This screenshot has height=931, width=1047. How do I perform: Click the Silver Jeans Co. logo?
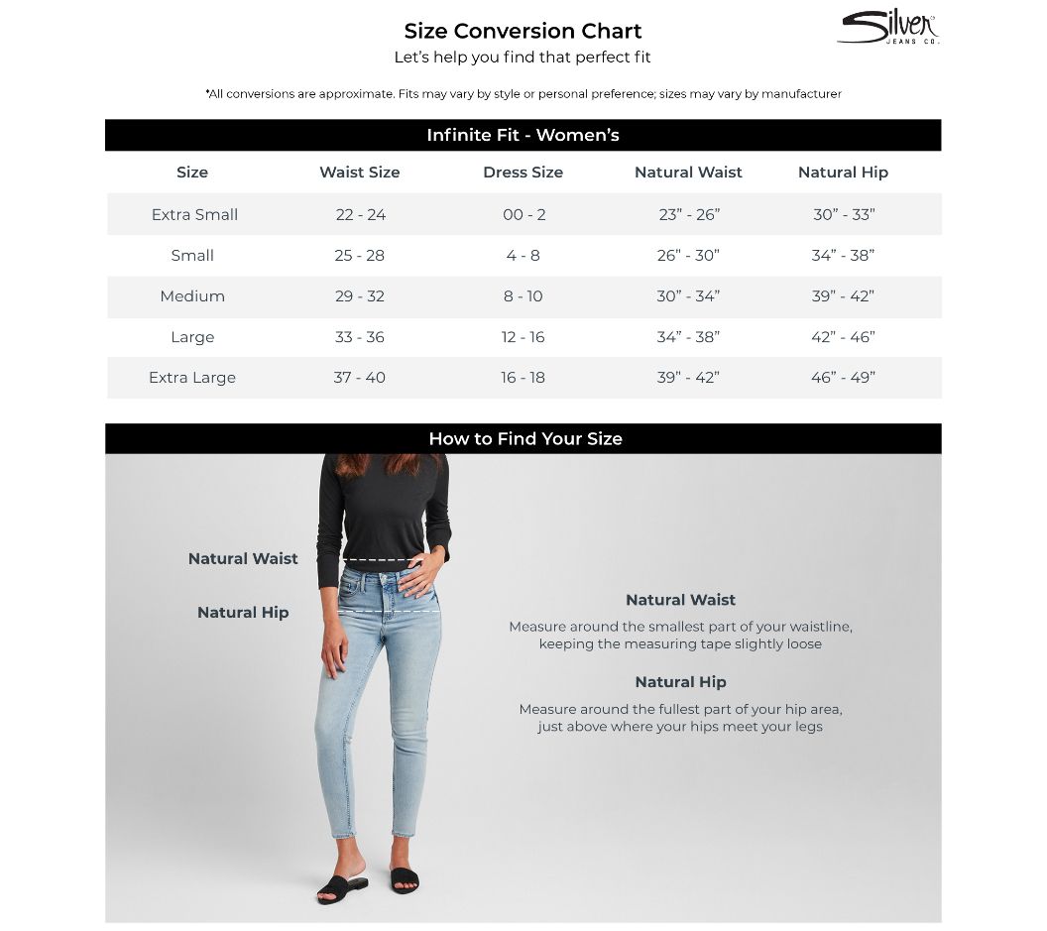pyautogui.click(x=887, y=28)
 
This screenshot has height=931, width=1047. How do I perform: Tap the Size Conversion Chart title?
pyautogui.click(x=523, y=31)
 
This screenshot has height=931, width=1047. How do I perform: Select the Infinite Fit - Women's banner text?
pyautogui.click(x=523, y=135)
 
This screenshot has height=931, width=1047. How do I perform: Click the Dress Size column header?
pyautogui.click(x=523, y=173)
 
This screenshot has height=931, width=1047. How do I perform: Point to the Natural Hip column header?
pyautogui.click(x=843, y=173)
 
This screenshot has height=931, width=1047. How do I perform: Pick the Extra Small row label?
pyautogui.click(x=194, y=214)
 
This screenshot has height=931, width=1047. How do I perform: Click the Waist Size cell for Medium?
pyautogui.click(x=359, y=296)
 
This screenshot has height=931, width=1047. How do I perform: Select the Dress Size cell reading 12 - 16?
pyautogui.click(x=523, y=337)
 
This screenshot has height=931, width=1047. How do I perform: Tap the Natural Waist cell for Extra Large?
pyautogui.click(x=688, y=378)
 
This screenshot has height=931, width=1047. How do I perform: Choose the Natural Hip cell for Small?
pyautogui.click(x=843, y=256)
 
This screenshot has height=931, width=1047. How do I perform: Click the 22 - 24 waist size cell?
pyautogui.click(x=359, y=214)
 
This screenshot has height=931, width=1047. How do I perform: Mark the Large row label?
pyautogui.click(x=192, y=337)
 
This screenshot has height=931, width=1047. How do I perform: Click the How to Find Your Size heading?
pyautogui.click(x=524, y=438)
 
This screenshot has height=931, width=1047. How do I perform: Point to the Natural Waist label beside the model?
pyautogui.click(x=243, y=559)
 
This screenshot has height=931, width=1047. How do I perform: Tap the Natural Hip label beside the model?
pyautogui.click(x=243, y=613)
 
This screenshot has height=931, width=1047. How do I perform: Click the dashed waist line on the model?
pyautogui.click(x=383, y=560)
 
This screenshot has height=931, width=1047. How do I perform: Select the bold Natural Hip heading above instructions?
pyautogui.click(x=680, y=682)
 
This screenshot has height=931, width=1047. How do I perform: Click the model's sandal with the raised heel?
pyautogui.click(x=341, y=887)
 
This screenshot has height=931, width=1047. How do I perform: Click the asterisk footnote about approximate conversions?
pyautogui.click(x=523, y=94)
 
